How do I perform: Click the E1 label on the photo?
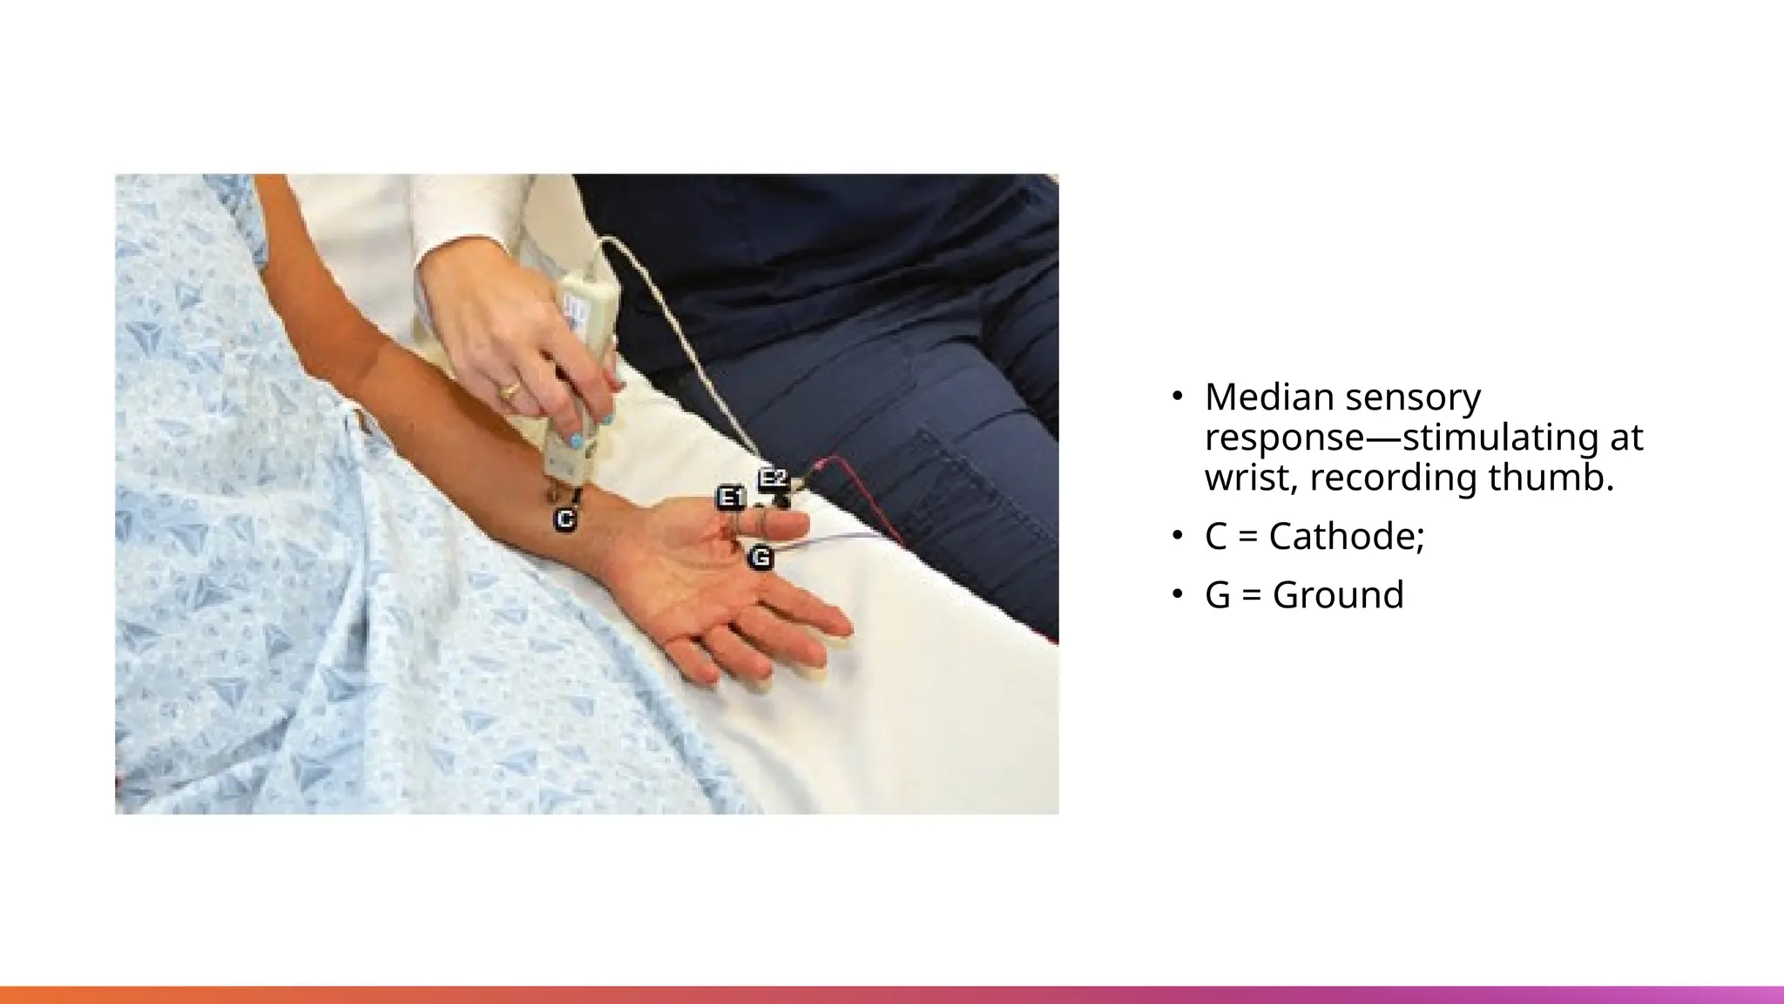[731, 499]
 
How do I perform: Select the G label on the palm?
[760, 557]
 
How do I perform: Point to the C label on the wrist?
[565, 520]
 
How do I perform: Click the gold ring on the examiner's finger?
[509, 390]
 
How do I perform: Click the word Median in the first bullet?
[1269, 397]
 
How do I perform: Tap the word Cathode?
[1346, 536]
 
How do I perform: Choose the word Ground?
[1338, 595]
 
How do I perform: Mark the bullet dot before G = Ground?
[1178, 594]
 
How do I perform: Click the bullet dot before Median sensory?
[1178, 397]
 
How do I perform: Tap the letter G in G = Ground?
[1218, 595]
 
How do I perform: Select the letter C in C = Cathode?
[1218, 536]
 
